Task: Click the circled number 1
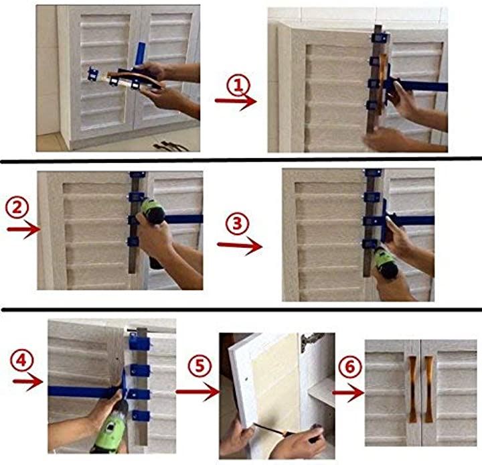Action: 238,86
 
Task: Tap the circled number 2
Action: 17,207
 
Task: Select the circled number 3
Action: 237,224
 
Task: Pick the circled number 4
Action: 21,360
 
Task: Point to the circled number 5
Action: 199,367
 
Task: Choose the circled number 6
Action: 350,367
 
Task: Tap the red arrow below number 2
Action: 23,230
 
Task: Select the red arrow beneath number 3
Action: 240,246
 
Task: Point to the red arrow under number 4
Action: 28,382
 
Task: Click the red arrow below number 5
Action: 198,392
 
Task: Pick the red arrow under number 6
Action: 349,393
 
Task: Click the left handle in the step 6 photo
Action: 412,389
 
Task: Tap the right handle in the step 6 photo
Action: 429,389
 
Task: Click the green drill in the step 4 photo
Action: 110,427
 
